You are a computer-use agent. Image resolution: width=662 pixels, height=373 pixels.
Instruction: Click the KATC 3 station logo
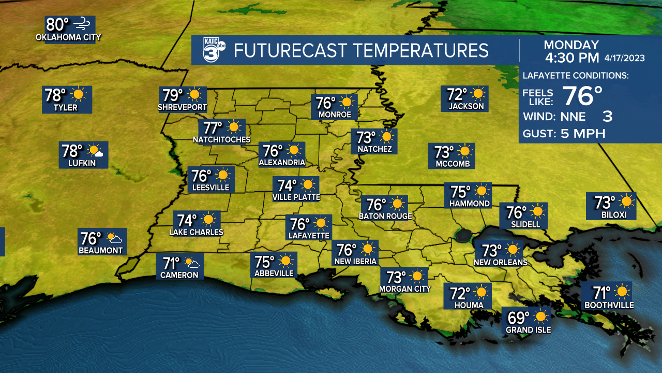coord(213,50)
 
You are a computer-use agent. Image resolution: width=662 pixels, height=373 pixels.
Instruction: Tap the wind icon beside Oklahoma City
coord(82,23)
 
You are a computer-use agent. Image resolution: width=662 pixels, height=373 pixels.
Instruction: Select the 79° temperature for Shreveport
coord(173,95)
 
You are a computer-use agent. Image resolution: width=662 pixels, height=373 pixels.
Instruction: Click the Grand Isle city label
coord(528,330)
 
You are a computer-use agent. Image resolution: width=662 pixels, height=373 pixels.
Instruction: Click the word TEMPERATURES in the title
coord(420,51)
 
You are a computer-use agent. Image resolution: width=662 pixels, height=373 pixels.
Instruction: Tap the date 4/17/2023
coord(624,58)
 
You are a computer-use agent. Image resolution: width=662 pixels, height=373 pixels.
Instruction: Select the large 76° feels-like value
coord(582,96)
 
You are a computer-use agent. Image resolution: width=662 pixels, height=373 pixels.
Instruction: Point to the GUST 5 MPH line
coord(564,134)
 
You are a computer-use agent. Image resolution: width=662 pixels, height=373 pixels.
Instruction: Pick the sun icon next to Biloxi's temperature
coord(627,201)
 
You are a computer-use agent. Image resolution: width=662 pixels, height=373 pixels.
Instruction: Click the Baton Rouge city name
coord(385,216)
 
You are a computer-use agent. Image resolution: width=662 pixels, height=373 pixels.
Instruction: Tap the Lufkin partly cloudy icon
coord(96,151)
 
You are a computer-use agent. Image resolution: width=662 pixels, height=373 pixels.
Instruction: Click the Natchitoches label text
coord(221,140)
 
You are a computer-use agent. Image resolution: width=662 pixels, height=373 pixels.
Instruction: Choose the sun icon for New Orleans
coord(513,250)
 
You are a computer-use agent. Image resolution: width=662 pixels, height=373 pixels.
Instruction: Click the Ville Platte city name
coord(296,197)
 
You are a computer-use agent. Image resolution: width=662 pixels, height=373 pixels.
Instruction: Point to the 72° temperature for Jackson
coord(457,94)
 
